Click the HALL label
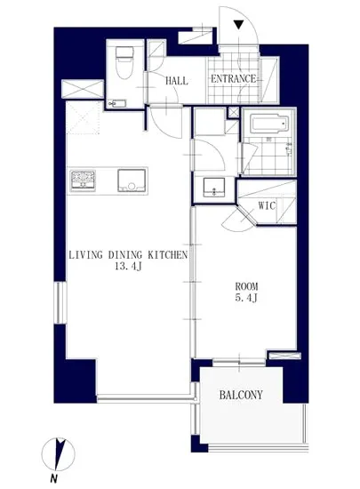177,81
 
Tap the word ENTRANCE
234,78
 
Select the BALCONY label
241,395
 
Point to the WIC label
267,206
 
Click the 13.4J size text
128,267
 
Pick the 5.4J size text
246,298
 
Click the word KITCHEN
167,255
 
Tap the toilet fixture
124,62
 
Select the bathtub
269,124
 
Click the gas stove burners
83,180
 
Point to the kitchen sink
132,180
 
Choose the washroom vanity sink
214,188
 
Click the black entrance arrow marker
238,25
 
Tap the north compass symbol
59,454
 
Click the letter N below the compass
54,478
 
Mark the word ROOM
246,286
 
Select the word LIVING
85,255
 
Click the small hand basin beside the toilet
116,103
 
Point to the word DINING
125,255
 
